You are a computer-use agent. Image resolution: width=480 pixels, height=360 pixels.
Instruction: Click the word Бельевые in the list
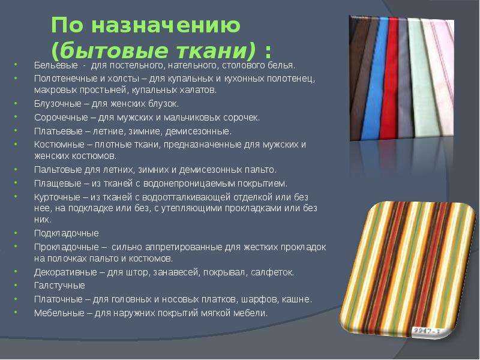[56, 65]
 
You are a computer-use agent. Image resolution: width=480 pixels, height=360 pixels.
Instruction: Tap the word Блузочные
[58, 104]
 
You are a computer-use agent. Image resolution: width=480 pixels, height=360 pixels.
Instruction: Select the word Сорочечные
[61, 118]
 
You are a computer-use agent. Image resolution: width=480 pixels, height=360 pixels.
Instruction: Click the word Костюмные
[59, 144]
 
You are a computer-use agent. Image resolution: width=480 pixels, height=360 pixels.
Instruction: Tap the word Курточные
[57, 197]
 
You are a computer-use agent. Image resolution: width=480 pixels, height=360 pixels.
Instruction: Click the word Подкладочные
[67, 233]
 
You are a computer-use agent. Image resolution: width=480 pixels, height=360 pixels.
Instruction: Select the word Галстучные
[59, 286]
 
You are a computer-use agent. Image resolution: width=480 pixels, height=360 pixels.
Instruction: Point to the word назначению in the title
[166, 25]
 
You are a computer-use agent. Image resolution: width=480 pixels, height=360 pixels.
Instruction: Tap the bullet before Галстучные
[16, 286]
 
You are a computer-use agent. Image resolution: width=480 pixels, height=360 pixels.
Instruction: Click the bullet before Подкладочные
[16, 233]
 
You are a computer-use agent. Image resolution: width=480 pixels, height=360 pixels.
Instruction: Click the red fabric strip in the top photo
[389, 79]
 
